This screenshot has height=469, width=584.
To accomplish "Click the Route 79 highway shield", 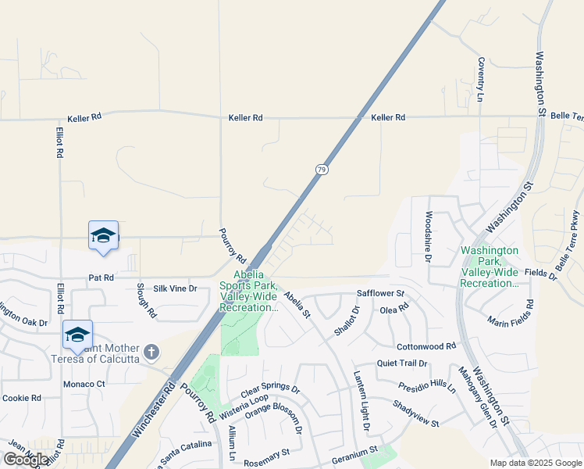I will tap(321, 169).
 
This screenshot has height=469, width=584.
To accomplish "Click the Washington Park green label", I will tap(490, 267).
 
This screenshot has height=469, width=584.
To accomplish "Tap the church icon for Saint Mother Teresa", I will tap(151, 353).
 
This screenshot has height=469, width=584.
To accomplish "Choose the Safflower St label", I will tap(380, 294).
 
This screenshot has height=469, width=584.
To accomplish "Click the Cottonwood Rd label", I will tap(426, 346).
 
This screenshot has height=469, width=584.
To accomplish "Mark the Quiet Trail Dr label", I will tap(403, 363).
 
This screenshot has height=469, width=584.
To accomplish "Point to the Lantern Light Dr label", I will tap(361, 399).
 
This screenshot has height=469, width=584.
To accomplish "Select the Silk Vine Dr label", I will tap(176, 288).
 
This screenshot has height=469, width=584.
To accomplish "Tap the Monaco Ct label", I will tap(84, 384).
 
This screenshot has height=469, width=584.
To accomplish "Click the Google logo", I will tap(26, 460).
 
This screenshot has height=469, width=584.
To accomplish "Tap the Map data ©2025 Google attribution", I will tap(536, 463).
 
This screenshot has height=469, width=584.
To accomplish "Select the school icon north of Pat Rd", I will tap(103, 235).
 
